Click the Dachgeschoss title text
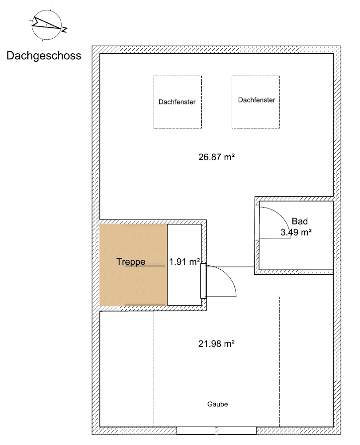point(44,56)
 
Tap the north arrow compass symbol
point(46,24)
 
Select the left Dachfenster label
point(177,102)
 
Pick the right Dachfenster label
point(257,100)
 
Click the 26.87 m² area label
point(216,157)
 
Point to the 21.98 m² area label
point(216,343)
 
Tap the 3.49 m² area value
point(296,231)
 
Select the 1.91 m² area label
point(184,261)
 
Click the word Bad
point(300,222)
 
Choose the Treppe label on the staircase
point(131,261)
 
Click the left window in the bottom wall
point(196,430)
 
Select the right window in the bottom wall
point(238,430)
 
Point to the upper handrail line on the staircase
point(145,266)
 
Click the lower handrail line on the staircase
point(145,304)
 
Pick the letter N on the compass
point(64,30)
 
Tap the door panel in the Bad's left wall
point(257,221)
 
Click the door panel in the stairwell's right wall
point(203,281)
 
